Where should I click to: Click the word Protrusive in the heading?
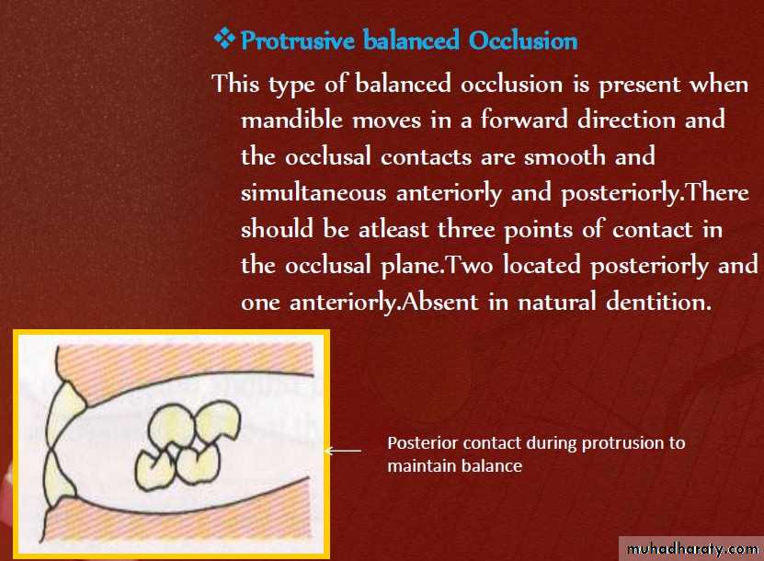point(298,40)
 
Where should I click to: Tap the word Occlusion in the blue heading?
point(524,40)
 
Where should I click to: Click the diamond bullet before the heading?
point(224,39)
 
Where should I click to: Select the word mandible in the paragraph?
point(291,120)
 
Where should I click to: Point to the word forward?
point(524,120)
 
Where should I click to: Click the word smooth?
point(564,156)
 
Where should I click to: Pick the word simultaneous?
point(314,192)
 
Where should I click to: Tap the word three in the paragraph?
point(466,229)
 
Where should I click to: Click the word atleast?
point(393,229)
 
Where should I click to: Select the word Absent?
point(440,302)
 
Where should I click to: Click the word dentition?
point(659,302)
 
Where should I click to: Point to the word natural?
point(557,302)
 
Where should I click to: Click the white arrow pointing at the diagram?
point(343,451)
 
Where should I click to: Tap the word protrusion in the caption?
point(622,443)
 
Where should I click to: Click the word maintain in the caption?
point(418,466)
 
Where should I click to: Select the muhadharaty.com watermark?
point(692,549)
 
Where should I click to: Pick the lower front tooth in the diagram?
point(59,477)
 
